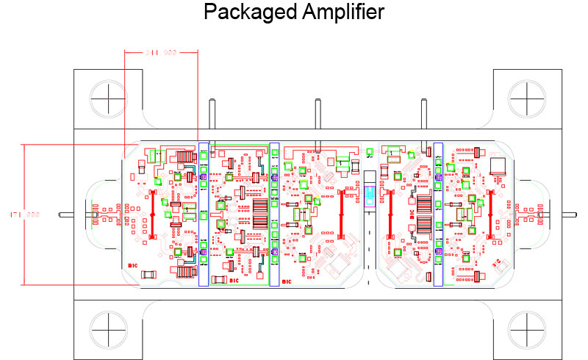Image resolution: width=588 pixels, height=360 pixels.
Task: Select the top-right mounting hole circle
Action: point(528,97)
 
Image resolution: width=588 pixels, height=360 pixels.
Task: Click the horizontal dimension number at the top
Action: point(161,53)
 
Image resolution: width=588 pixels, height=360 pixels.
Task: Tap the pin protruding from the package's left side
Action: point(66,215)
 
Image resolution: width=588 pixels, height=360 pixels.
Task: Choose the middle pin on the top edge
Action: point(318,115)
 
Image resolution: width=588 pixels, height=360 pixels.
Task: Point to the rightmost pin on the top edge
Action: point(424,115)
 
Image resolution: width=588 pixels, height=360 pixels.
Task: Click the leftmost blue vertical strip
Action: point(204,213)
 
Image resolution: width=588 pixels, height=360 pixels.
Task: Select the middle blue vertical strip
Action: point(274,213)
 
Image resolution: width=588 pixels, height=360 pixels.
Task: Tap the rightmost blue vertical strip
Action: point(438,213)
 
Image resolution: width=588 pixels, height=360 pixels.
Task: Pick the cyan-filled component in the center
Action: point(370,195)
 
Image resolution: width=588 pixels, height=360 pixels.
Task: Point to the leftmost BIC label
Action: point(133,266)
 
